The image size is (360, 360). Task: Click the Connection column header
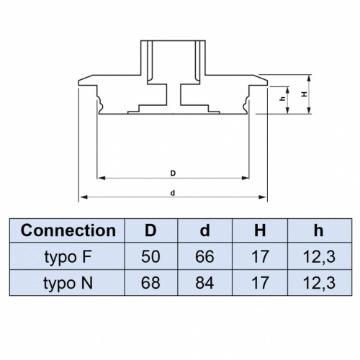coord(68,231)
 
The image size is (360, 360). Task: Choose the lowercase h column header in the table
coord(318,231)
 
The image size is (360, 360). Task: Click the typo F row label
coord(68,256)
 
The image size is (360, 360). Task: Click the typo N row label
coord(68,282)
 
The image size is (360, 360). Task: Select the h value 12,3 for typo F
coord(318,256)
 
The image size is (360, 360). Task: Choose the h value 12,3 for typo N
coord(318,282)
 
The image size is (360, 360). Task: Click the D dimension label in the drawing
coord(174,173)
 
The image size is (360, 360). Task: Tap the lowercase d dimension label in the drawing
coord(174,192)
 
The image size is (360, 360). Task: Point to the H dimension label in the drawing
coord(305,94)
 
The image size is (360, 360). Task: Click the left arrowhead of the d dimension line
coord(82,197)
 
